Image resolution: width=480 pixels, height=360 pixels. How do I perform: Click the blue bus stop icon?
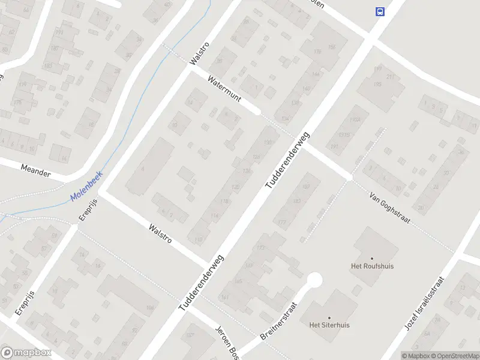(x=379, y=11)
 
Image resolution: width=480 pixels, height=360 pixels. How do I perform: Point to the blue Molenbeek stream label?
(x=86, y=187)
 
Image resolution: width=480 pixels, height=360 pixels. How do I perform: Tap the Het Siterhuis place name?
(x=329, y=325)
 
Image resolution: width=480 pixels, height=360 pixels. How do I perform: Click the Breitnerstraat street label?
(x=280, y=320)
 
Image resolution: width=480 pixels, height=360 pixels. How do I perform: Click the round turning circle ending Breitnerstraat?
(x=314, y=280)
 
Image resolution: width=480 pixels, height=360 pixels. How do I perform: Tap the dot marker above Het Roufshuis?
(x=371, y=257)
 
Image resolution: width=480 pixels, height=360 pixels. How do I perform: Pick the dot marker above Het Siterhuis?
(x=329, y=317)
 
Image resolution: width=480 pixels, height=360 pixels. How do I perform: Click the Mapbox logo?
(x=26, y=353)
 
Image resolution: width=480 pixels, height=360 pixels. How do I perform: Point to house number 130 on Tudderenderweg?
(x=268, y=142)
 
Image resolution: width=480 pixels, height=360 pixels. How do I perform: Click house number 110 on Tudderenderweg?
(x=199, y=239)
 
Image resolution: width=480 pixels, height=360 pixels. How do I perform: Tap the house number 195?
(x=377, y=85)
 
